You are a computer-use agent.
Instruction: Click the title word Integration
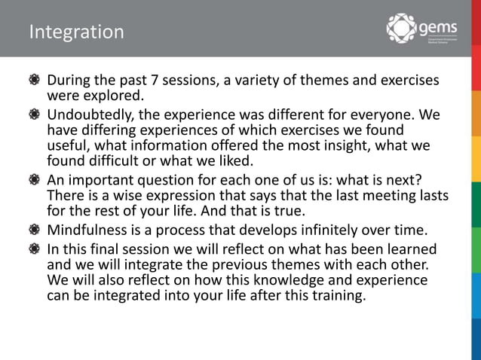pos(76,32)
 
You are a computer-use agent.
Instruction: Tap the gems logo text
pos(437,28)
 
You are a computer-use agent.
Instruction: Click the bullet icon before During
pos(34,81)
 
